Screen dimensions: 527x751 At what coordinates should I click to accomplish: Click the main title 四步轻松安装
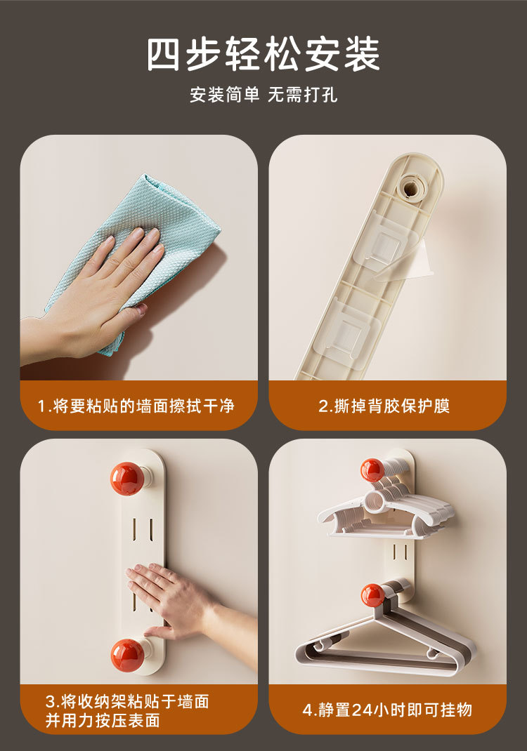click(x=263, y=53)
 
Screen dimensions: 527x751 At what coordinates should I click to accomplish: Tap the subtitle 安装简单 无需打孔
click(x=263, y=94)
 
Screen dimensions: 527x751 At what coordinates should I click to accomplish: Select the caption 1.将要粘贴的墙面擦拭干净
click(x=136, y=406)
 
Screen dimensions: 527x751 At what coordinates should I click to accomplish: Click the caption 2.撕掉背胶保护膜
click(x=384, y=406)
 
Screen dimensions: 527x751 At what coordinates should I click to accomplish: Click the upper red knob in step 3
click(x=128, y=478)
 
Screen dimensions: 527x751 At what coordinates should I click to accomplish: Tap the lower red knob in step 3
click(x=128, y=656)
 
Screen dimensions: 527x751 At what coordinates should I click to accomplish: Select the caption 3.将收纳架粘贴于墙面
click(x=127, y=702)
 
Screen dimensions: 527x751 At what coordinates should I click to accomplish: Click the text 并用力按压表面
click(x=103, y=720)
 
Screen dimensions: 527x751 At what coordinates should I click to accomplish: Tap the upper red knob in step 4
click(x=372, y=470)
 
